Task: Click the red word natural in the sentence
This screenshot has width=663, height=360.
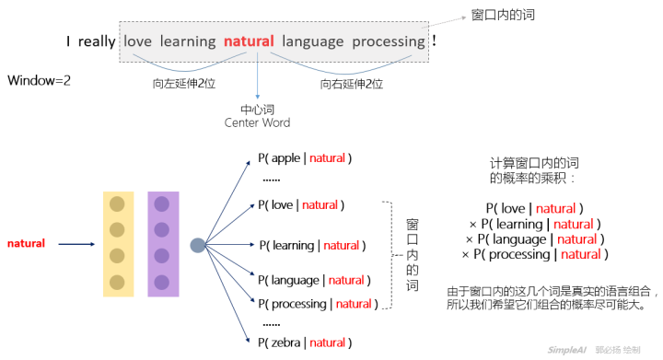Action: pos(250,41)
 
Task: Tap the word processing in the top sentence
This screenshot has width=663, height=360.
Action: pos(389,41)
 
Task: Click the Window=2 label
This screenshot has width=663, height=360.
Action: pos(40,81)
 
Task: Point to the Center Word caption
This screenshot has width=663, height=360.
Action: pos(257,122)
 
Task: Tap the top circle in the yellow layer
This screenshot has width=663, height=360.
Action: pos(117,204)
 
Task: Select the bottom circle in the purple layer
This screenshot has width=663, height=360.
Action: pos(162,282)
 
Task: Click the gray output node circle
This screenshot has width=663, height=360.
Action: pos(197,245)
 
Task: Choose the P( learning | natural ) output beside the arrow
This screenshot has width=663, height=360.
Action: pos(312,245)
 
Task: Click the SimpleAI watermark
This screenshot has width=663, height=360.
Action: pos(568,350)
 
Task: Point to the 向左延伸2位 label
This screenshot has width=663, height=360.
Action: pos(183,84)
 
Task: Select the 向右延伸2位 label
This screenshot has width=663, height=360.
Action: pos(352,84)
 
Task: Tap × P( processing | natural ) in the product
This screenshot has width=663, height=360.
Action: pos(531,254)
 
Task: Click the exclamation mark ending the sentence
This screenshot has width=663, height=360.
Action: pos(435,41)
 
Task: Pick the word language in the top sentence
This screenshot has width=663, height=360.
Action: pos(313,41)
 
